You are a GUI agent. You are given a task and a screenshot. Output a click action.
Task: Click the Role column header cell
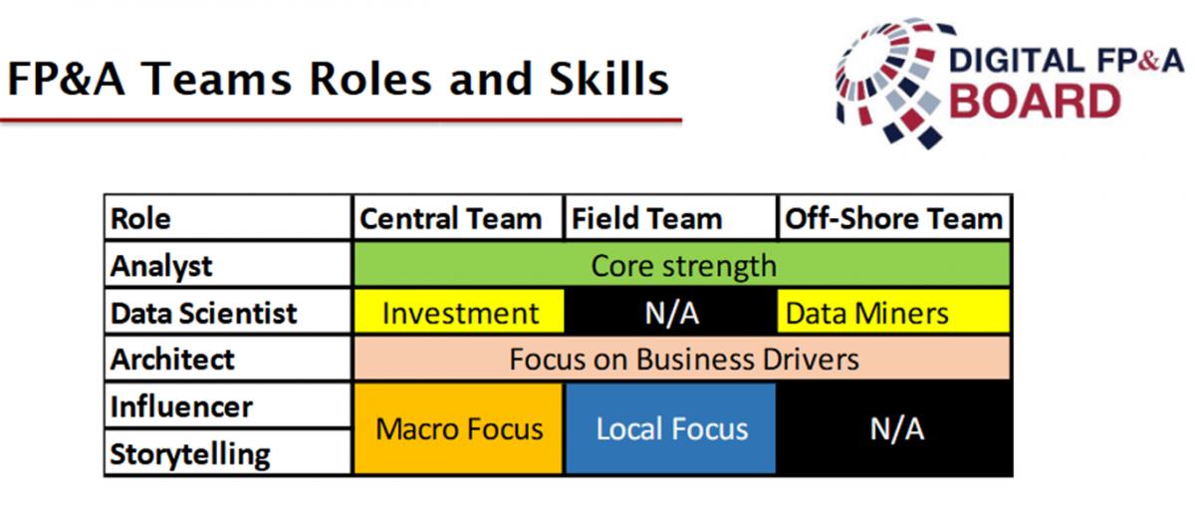(x=228, y=218)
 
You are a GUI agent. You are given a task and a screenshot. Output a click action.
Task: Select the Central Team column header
(x=458, y=218)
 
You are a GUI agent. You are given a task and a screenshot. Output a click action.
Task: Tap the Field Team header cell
(x=670, y=218)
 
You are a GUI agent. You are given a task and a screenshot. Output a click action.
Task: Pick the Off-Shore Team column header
(x=894, y=218)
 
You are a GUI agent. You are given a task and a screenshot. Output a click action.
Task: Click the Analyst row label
(x=228, y=265)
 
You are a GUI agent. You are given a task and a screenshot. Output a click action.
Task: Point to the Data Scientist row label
(x=228, y=312)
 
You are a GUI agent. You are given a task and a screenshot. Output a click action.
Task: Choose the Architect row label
(x=228, y=359)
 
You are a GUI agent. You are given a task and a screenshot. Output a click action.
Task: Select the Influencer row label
(x=228, y=405)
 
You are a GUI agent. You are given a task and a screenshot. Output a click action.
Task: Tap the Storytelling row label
(x=228, y=452)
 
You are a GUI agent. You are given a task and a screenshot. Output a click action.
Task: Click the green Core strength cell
(x=682, y=265)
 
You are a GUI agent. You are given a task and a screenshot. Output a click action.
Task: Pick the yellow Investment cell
(x=459, y=312)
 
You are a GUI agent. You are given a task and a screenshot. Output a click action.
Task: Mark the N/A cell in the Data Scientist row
(x=670, y=312)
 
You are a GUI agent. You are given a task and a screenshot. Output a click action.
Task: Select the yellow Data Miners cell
(x=893, y=312)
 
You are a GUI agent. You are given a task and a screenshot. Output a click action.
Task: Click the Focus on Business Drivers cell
(x=682, y=359)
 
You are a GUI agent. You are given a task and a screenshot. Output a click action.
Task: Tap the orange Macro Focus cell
(x=458, y=428)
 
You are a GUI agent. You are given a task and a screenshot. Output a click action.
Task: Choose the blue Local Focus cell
(x=670, y=428)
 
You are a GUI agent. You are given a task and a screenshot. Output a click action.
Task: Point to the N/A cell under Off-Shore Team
(x=894, y=428)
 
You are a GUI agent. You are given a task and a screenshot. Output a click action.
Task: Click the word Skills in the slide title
(x=608, y=79)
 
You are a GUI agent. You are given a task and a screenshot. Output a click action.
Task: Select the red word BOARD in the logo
(x=1035, y=102)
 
